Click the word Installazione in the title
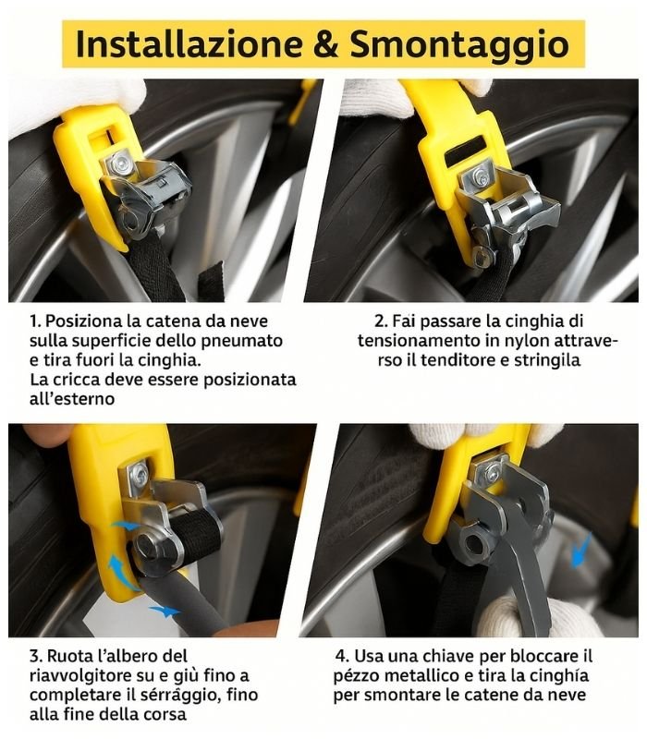[x=189, y=43]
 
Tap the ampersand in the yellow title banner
[x=326, y=43]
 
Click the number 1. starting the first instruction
[x=35, y=321]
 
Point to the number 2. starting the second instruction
[x=381, y=321]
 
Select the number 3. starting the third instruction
[x=36, y=656]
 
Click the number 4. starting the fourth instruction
[x=343, y=656]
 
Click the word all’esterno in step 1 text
[x=72, y=399]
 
